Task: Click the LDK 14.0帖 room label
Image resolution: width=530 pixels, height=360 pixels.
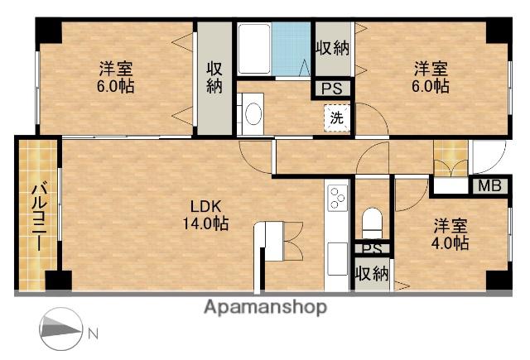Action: pyautogui.click(x=205, y=214)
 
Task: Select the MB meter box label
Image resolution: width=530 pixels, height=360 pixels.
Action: pyautogui.click(x=489, y=186)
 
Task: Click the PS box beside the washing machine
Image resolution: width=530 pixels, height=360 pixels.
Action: pyautogui.click(x=332, y=89)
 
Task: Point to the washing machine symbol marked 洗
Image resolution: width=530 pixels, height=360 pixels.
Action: pyautogui.click(x=336, y=118)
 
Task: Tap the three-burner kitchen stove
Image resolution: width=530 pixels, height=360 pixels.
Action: pyautogui.click(x=337, y=199)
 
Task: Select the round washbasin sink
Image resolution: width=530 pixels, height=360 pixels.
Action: pyautogui.click(x=253, y=114)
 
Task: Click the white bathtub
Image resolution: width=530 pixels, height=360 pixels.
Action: pyautogui.click(x=254, y=49)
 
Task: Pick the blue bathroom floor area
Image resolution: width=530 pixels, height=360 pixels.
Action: pyautogui.click(x=291, y=49)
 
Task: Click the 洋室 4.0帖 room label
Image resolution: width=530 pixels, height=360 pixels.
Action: pyautogui.click(x=450, y=234)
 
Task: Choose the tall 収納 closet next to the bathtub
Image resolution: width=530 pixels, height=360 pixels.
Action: pyautogui.click(x=214, y=79)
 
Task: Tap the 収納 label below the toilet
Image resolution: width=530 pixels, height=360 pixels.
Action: pyautogui.click(x=372, y=274)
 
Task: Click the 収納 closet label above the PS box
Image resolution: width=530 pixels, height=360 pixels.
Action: pyautogui.click(x=333, y=48)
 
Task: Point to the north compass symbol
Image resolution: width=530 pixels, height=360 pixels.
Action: pyautogui.click(x=60, y=329)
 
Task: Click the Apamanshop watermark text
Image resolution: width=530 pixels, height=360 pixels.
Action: pyautogui.click(x=266, y=307)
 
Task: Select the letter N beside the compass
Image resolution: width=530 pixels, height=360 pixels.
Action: pyautogui.click(x=93, y=334)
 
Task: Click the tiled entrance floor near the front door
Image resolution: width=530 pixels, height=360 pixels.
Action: pyautogui.click(x=450, y=158)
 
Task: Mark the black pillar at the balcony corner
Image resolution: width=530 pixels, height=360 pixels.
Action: pyautogui.click(x=59, y=280)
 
